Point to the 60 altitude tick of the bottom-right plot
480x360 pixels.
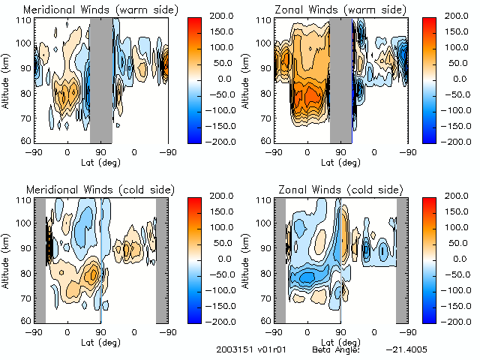click(264, 320)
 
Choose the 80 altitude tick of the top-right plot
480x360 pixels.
click(264, 94)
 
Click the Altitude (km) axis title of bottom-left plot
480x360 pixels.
click(7, 259)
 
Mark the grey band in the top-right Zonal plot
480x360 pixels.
click(341, 79)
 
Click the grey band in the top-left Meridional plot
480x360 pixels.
click(101, 79)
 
